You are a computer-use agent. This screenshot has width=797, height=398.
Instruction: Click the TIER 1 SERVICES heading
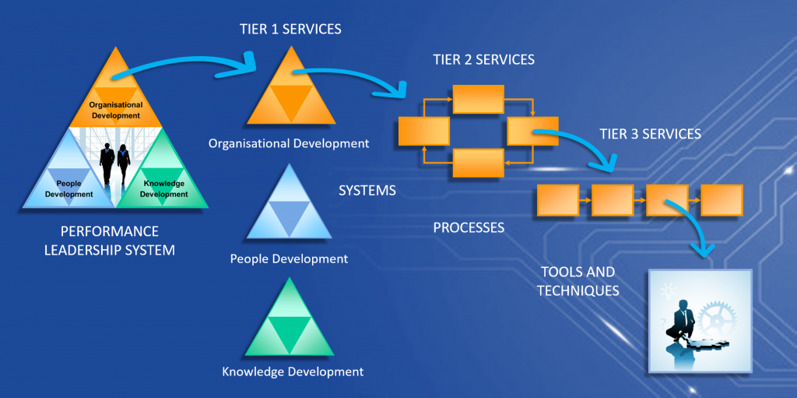[290, 30]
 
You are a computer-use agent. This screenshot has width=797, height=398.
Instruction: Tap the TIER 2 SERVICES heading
[483, 59]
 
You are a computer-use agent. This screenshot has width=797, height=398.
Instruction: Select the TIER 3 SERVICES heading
[650, 134]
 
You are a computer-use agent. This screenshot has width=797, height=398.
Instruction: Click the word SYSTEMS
[367, 190]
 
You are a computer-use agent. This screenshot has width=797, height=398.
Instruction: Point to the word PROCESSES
[469, 227]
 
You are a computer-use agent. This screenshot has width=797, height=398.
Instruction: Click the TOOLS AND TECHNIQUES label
[578, 281]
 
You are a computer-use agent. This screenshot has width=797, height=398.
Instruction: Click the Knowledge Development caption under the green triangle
[293, 372]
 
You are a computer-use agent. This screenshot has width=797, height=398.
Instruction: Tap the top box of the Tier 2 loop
[479, 99]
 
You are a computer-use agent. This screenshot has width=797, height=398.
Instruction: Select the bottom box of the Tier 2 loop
[479, 164]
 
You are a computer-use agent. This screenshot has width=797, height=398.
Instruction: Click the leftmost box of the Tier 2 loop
[424, 131]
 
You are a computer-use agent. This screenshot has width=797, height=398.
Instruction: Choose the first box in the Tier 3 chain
[558, 200]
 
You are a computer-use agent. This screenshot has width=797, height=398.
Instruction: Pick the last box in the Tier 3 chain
[722, 200]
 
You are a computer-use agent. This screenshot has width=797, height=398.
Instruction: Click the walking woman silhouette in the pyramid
[124, 164]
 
